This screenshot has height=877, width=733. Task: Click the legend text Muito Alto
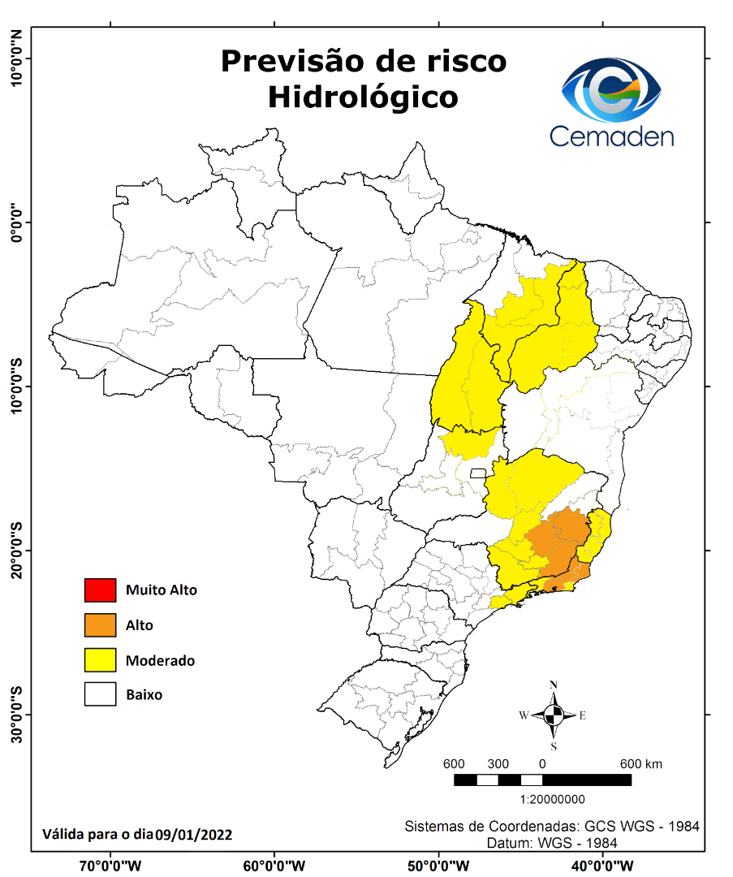coord(161,590)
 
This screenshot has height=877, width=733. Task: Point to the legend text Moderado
coord(160,661)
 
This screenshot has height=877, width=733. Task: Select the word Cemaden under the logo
coord(611,136)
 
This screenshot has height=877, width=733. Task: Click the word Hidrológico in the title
coord(363,97)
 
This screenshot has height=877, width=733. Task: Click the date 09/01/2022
coord(194,834)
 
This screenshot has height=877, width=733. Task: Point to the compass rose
coord(554,715)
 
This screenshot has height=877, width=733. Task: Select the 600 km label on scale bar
coord(641,764)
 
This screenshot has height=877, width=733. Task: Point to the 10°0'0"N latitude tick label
coord(15,58)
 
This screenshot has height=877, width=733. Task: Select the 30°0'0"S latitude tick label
coord(15,714)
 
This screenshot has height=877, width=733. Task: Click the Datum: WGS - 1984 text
coord(552,844)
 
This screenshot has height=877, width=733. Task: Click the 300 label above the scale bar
coord(498,764)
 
